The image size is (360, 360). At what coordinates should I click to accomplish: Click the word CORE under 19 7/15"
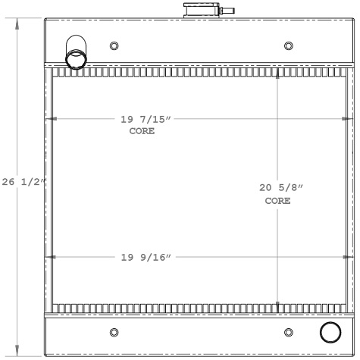pos(142,131)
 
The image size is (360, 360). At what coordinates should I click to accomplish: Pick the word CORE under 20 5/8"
pos(277,201)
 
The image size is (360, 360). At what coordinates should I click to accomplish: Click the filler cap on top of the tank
pos(199,11)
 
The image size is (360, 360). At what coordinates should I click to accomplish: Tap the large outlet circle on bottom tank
pos(331,332)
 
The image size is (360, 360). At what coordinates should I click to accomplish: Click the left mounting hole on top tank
pos(114,45)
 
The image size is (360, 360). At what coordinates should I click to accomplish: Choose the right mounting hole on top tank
pos(289,45)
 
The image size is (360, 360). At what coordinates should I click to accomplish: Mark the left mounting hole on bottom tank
pos(114,332)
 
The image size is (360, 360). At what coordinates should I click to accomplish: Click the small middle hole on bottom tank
pos(289,332)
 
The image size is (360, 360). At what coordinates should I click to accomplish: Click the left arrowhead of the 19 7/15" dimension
pos(52,119)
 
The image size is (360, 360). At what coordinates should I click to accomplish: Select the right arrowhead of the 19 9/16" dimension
pos(347,257)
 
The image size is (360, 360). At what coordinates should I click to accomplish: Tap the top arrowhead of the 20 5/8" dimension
pos(278,74)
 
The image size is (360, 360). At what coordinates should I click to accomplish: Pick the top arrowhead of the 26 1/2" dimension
pos(18,21)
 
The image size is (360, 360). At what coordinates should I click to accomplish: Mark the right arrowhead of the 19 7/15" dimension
pos(347,119)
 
